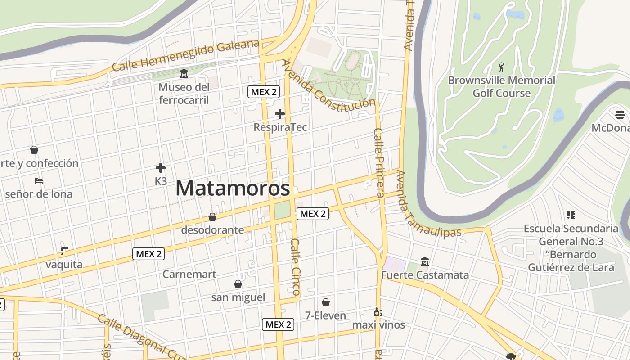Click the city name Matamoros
pos(233,188)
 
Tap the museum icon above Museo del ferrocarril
pos(184,73)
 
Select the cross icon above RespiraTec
pos(280,114)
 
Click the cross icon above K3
pos(161,168)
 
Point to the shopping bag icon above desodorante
pos(212,217)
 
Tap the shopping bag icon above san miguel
pos(238,284)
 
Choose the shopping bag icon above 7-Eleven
pos(326,302)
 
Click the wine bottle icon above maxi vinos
pos(378,311)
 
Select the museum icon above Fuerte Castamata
pos(424,261)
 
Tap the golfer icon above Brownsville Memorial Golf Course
pos(501,67)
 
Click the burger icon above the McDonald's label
pos(620,114)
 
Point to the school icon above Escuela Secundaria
pos(571,215)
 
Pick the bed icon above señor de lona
pos(39,181)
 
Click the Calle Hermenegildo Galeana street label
pos(185,55)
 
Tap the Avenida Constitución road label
pos(328,85)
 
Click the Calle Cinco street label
pos(295,267)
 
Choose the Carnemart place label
pos(189,274)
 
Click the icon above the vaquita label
pos(64,251)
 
